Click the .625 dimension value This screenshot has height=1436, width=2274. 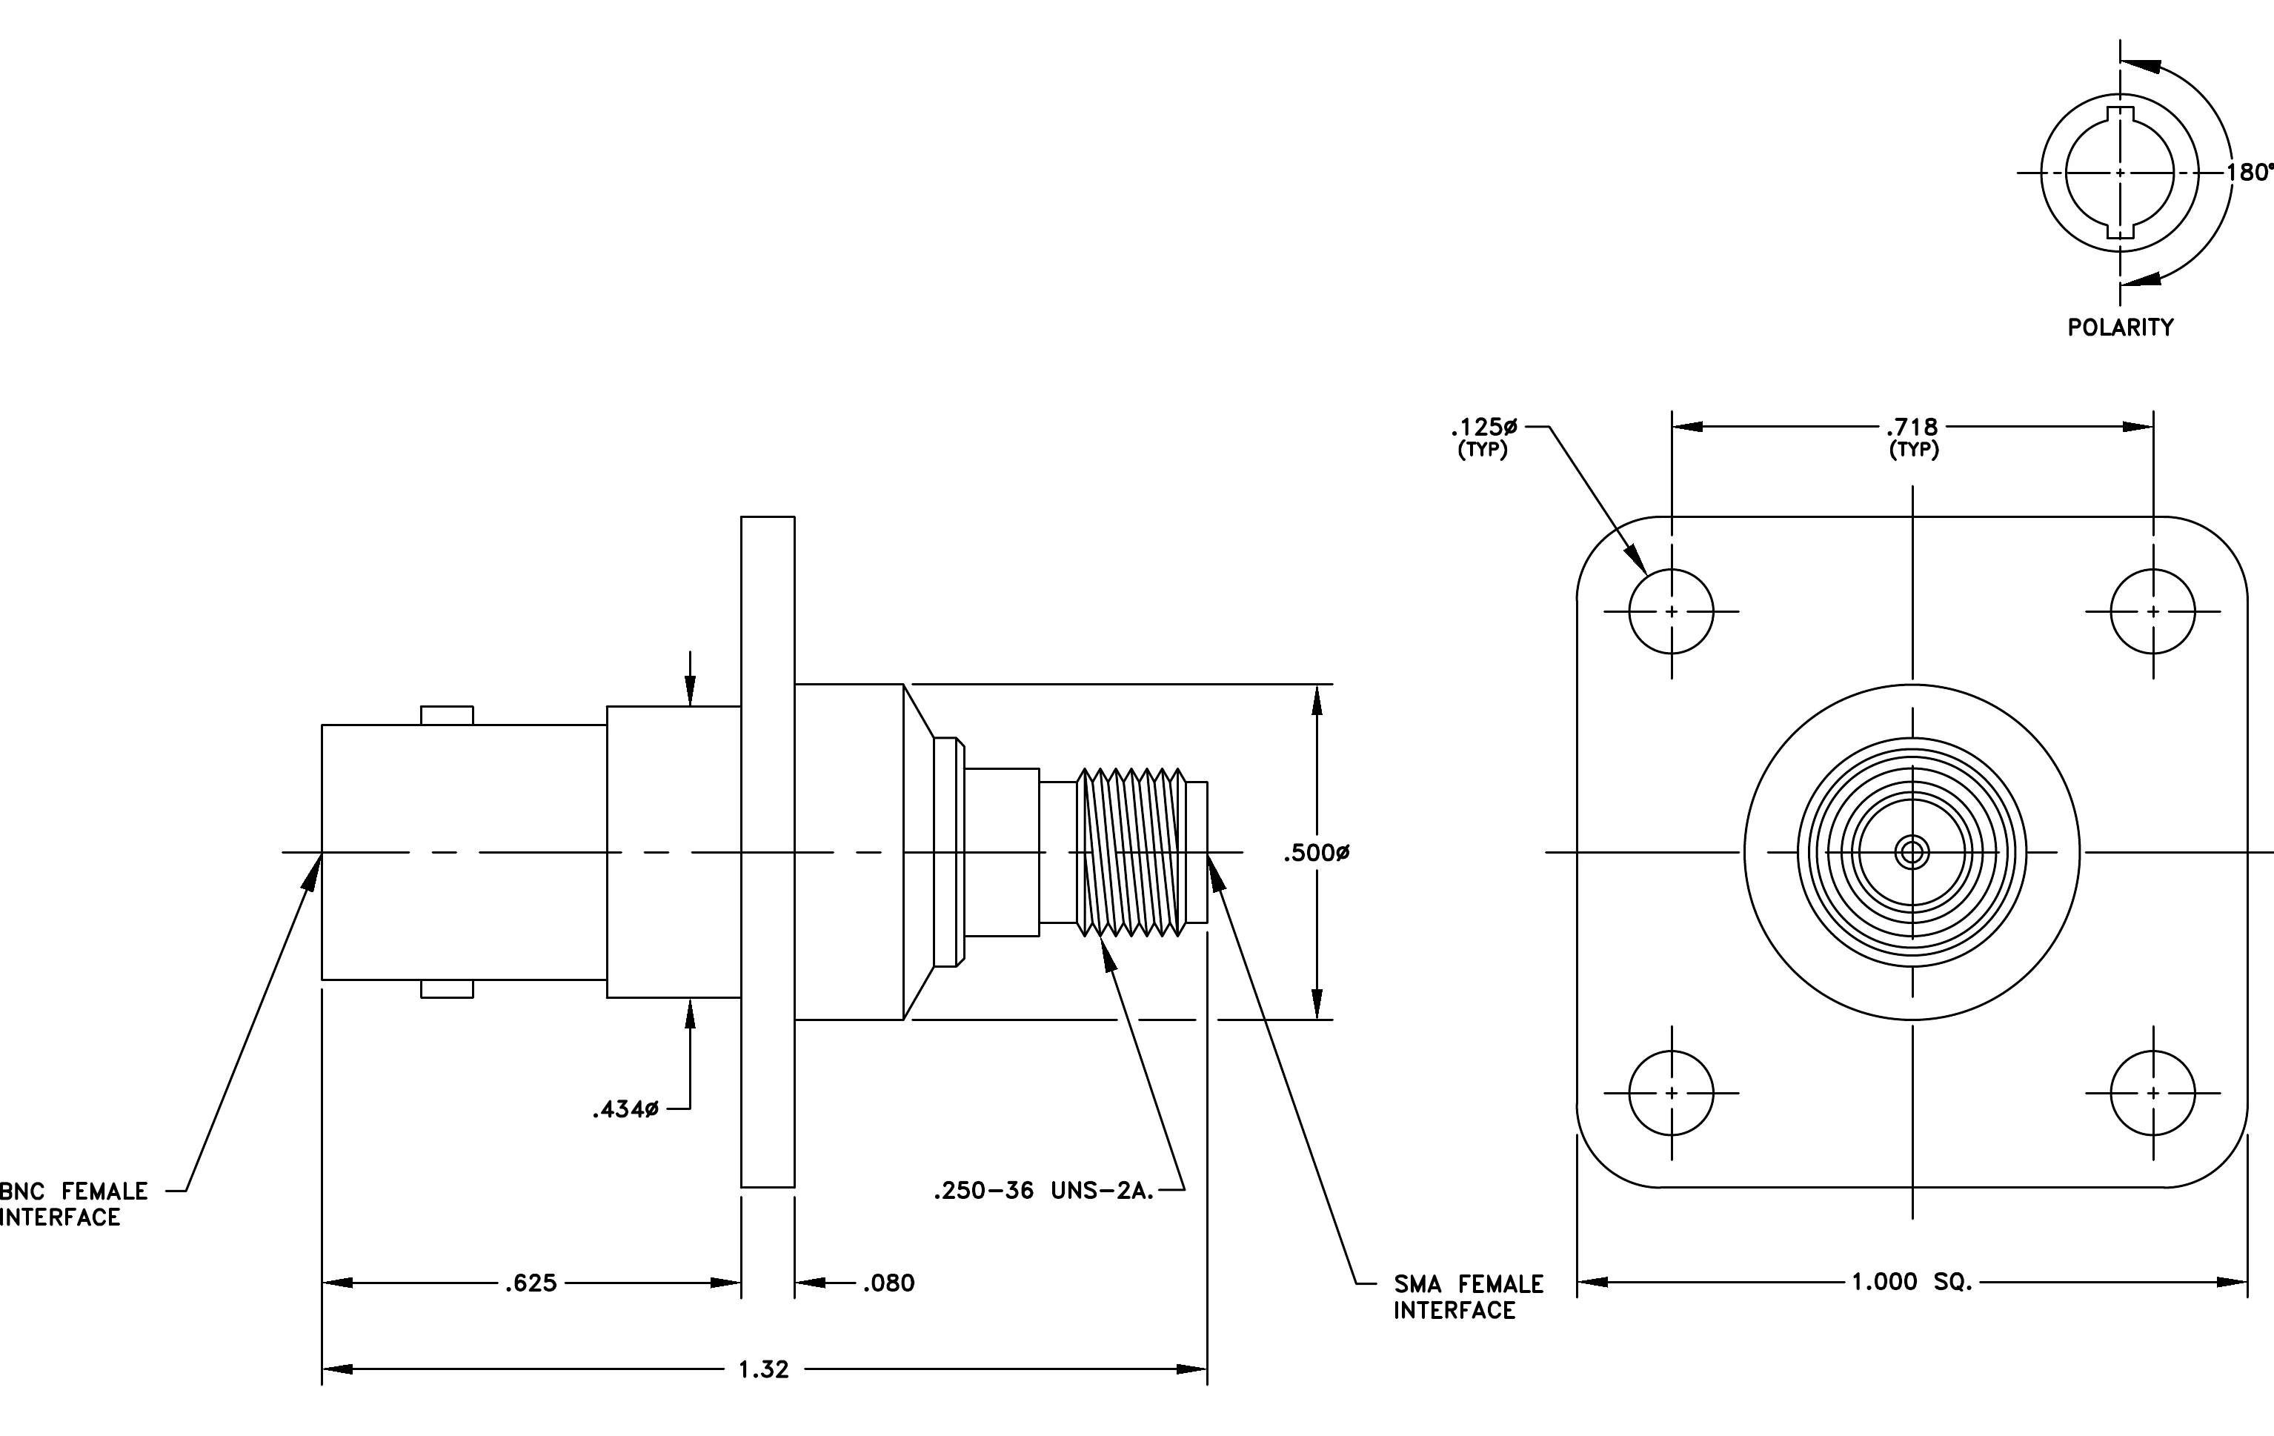click(x=531, y=1283)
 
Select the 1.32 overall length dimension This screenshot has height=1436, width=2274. click(x=763, y=1370)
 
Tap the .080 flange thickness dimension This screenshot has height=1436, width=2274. click(x=888, y=1283)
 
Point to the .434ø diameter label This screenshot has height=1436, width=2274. click(x=625, y=1109)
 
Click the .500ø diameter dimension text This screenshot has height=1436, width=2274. click(x=1317, y=854)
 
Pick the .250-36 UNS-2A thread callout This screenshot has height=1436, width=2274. click(x=1043, y=1191)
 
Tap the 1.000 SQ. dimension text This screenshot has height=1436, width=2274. click(x=1912, y=1282)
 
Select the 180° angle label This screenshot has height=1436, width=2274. click(x=2250, y=173)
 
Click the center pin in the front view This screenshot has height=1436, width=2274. click(x=1912, y=854)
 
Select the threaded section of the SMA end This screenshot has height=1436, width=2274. click(x=1131, y=853)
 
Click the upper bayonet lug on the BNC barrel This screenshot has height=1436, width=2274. click(x=447, y=716)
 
